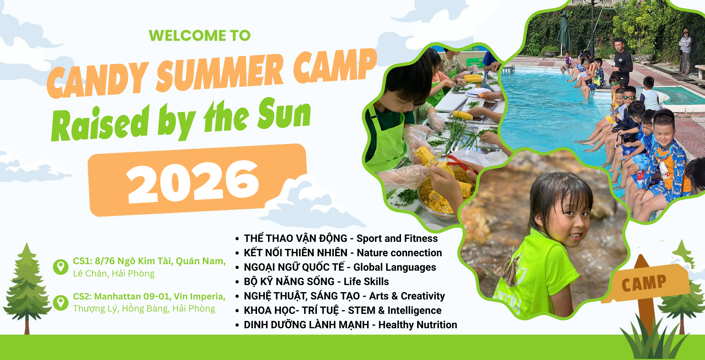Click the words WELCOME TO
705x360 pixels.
pos(200,36)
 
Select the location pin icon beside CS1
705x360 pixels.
pos(61,267)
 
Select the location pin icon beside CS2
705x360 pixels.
pos(61,303)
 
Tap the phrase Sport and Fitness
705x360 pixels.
pos(397,238)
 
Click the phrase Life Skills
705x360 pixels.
pos(366,282)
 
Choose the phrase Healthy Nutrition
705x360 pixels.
pos(418,325)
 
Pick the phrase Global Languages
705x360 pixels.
pos(395,267)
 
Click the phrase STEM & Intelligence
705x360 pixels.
pos(395,310)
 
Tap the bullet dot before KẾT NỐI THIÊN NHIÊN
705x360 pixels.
pos(237,253)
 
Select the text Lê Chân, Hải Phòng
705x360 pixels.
pos(114,274)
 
